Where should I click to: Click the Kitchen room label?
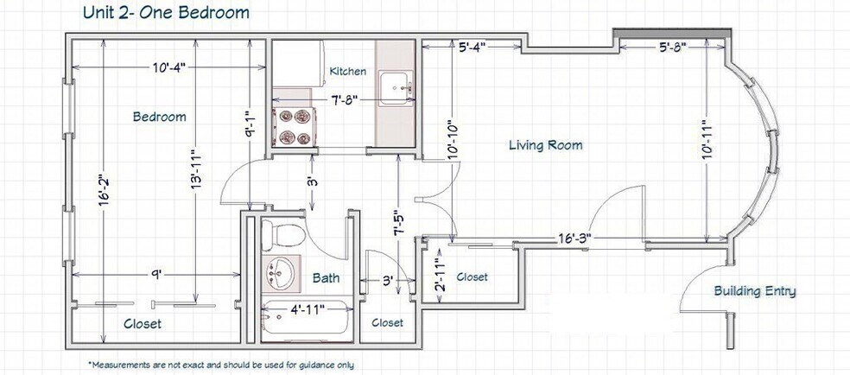(x=348, y=71)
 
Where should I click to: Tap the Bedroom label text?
(x=159, y=117)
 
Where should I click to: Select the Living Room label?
(x=546, y=145)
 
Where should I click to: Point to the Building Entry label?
(x=755, y=291)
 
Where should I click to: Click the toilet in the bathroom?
(x=282, y=235)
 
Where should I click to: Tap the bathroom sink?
(x=280, y=272)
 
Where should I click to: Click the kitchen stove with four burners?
(x=295, y=126)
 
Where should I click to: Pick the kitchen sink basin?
(x=396, y=86)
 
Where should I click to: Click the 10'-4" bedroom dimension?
(x=168, y=67)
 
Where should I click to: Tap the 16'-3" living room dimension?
(x=574, y=238)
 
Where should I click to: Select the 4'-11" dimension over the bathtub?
(x=308, y=309)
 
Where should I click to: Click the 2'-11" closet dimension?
(x=441, y=276)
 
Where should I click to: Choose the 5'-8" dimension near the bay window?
(x=673, y=48)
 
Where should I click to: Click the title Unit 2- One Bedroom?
(x=166, y=12)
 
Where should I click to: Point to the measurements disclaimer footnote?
(x=220, y=365)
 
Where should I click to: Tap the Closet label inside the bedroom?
(x=143, y=324)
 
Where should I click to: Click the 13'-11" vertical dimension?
(x=195, y=169)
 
